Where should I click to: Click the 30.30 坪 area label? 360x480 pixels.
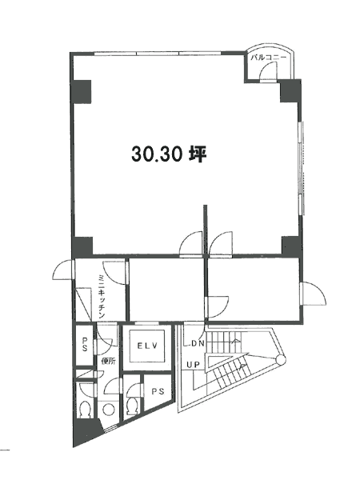coord(170,154)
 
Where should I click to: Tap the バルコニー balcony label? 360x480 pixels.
coord(269,58)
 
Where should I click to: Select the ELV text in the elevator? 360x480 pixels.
coord(147,346)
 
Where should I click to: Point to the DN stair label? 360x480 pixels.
coord(198,343)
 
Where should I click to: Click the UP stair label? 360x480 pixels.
coord(194,365)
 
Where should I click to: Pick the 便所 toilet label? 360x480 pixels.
coord(108,362)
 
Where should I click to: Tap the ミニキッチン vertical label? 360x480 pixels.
coord(102,297)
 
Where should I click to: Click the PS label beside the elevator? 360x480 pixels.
coord(158,391)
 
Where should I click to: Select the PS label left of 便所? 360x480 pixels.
coord(85,344)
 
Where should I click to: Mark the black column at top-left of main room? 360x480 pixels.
coord(82,91)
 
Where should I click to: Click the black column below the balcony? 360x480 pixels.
coord(290,91)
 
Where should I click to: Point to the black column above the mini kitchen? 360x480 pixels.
coord(82,247)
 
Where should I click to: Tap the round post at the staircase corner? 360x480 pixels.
coord(281,360)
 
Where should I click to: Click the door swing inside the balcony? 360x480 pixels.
coord(268,72)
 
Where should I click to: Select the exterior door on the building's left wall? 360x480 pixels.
coord(64,270)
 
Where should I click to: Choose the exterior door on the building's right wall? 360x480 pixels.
coord(313,294)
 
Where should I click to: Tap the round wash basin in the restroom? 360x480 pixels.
coord(108,410)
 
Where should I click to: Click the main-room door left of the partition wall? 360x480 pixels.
coord(191,243)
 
